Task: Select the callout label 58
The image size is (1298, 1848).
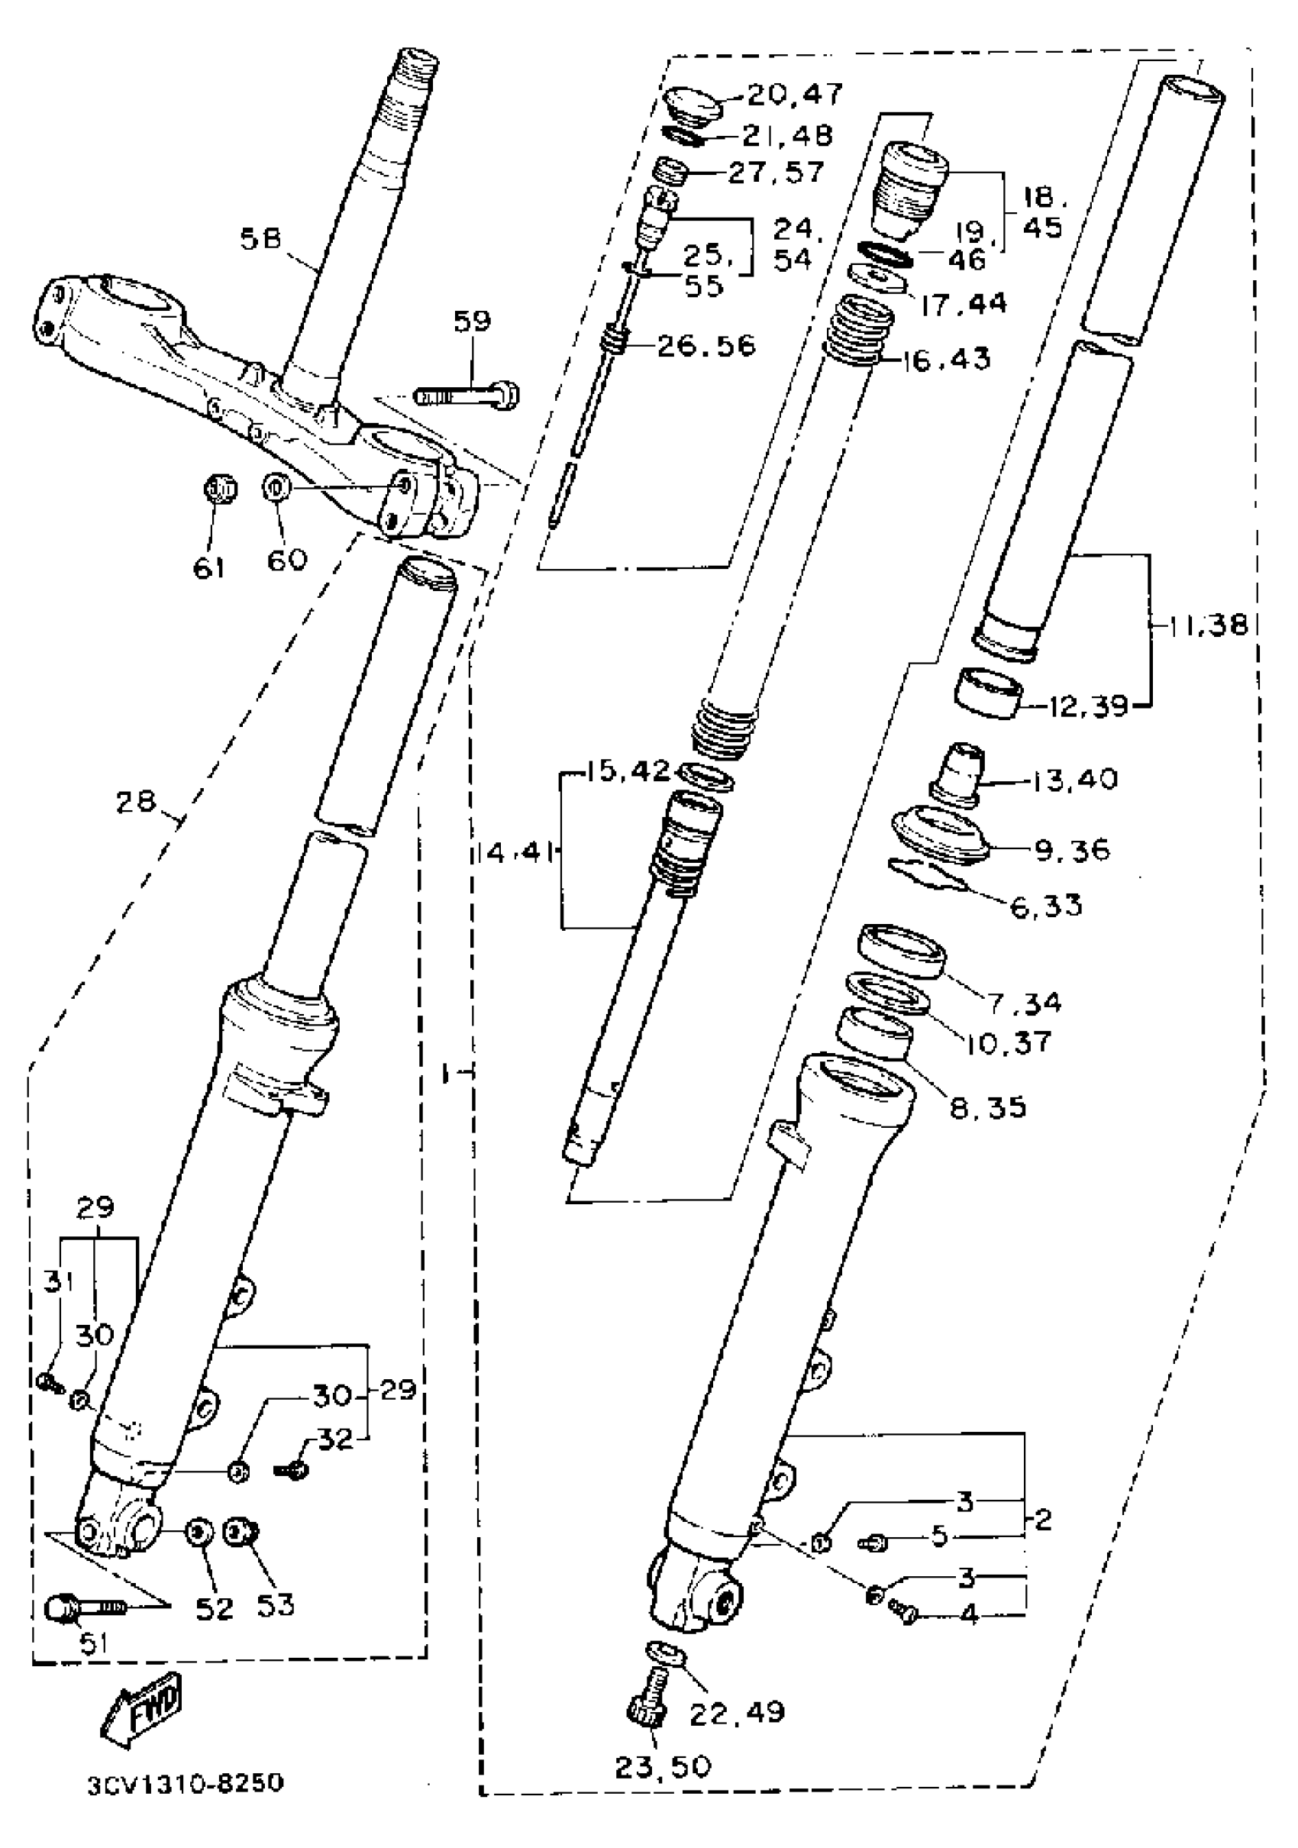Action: pos(260,239)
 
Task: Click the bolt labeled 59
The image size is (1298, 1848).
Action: pos(467,394)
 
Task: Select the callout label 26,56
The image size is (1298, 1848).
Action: pos(706,346)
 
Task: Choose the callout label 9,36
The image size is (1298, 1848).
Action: pos(1072,850)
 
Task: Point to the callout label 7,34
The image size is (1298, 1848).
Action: pos(1025,1002)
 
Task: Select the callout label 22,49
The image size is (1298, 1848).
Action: pos(736,1711)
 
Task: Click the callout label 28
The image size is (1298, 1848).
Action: pos(135,803)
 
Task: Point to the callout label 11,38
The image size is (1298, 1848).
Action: pos(1203,625)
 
